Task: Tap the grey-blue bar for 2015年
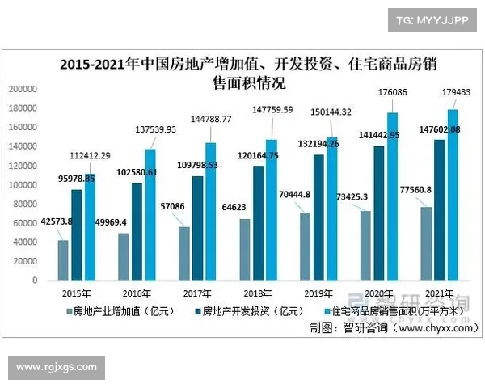(x=63, y=259)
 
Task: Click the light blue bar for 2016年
(x=150, y=214)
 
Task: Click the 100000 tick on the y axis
(x=23, y=185)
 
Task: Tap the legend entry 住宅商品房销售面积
(x=396, y=310)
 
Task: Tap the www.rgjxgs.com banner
(x=57, y=368)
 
